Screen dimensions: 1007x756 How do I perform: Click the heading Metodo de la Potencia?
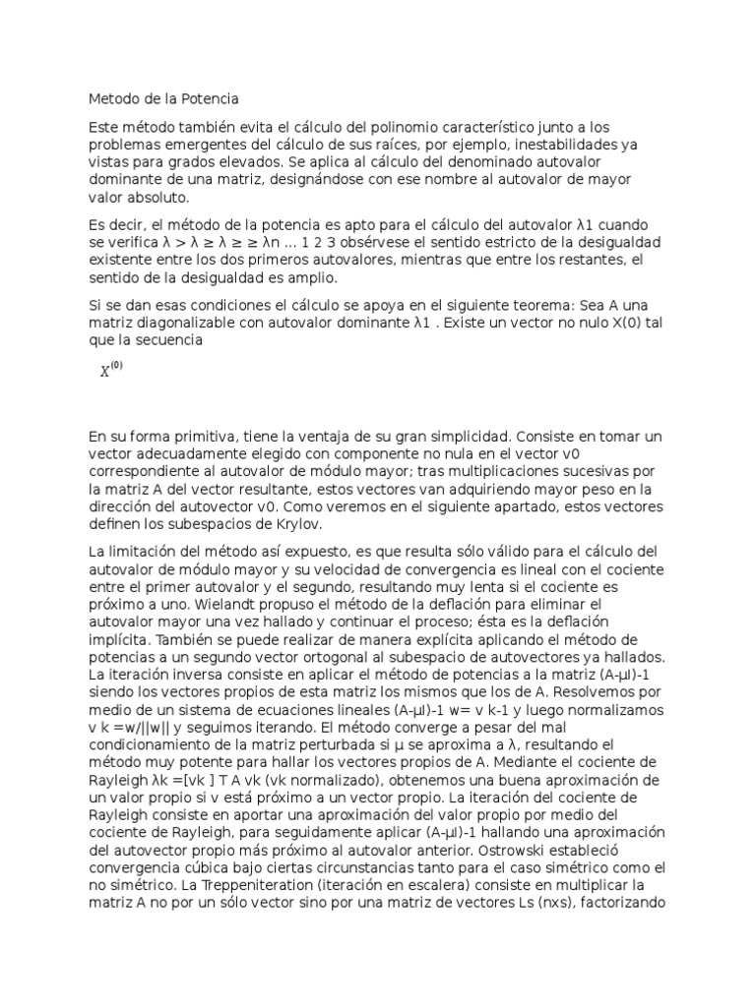(x=163, y=99)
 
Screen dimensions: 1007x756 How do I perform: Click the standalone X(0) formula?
(x=111, y=371)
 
